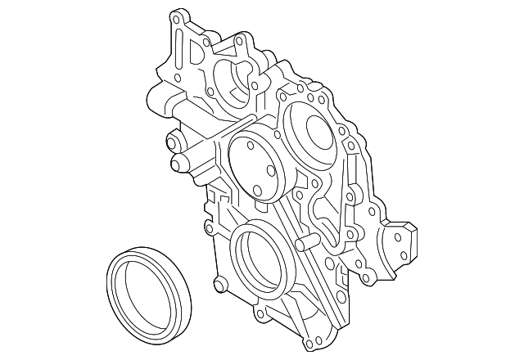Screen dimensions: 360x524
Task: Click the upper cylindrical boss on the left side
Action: (173, 141)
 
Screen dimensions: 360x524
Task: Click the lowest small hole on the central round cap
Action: (259, 191)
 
